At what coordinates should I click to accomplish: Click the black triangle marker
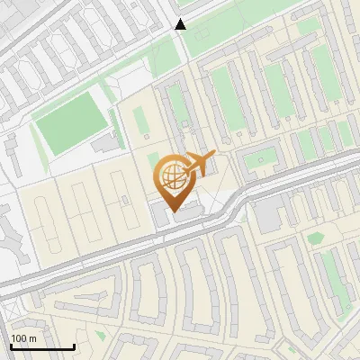tap(181, 24)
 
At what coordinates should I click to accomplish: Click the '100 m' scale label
tap(24, 338)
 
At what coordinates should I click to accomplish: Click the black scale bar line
tap(42, 346)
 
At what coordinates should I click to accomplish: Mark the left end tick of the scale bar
tap(11, 345)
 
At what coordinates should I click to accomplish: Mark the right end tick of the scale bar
tap(74, 345)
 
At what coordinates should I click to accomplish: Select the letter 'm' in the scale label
tap(32, 338)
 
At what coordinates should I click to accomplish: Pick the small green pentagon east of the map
tap(315, 238)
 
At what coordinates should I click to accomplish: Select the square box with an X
tap(263, 162)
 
